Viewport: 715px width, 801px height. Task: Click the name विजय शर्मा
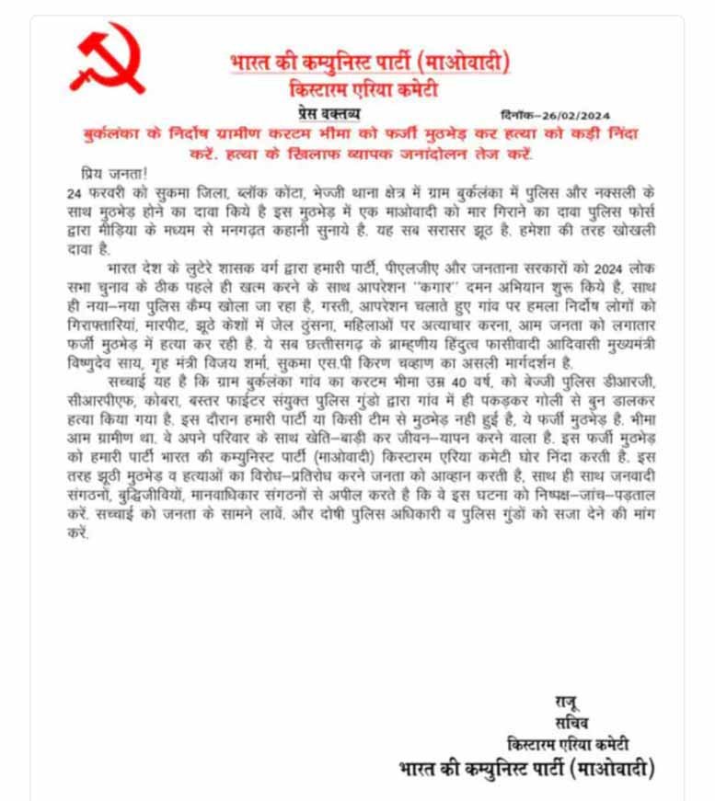click(x=233, y=360)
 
